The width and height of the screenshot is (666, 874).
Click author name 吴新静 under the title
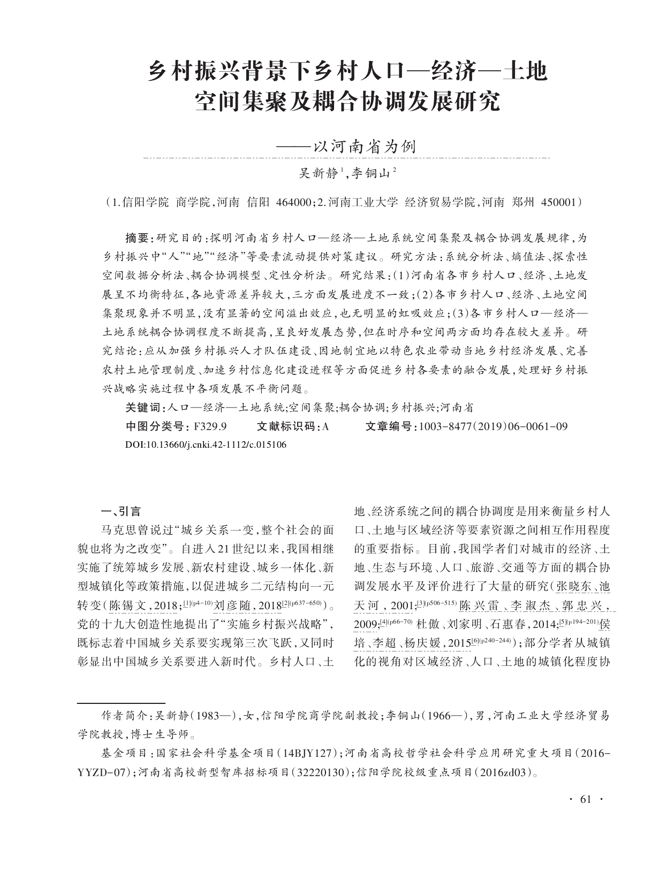tap(319, 173)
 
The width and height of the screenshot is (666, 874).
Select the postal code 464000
tap(293, 203)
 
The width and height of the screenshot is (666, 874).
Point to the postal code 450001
tap(559, 203)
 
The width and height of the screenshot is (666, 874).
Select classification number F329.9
tap(211, 426)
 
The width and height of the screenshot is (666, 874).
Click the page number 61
tap(585, 800)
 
